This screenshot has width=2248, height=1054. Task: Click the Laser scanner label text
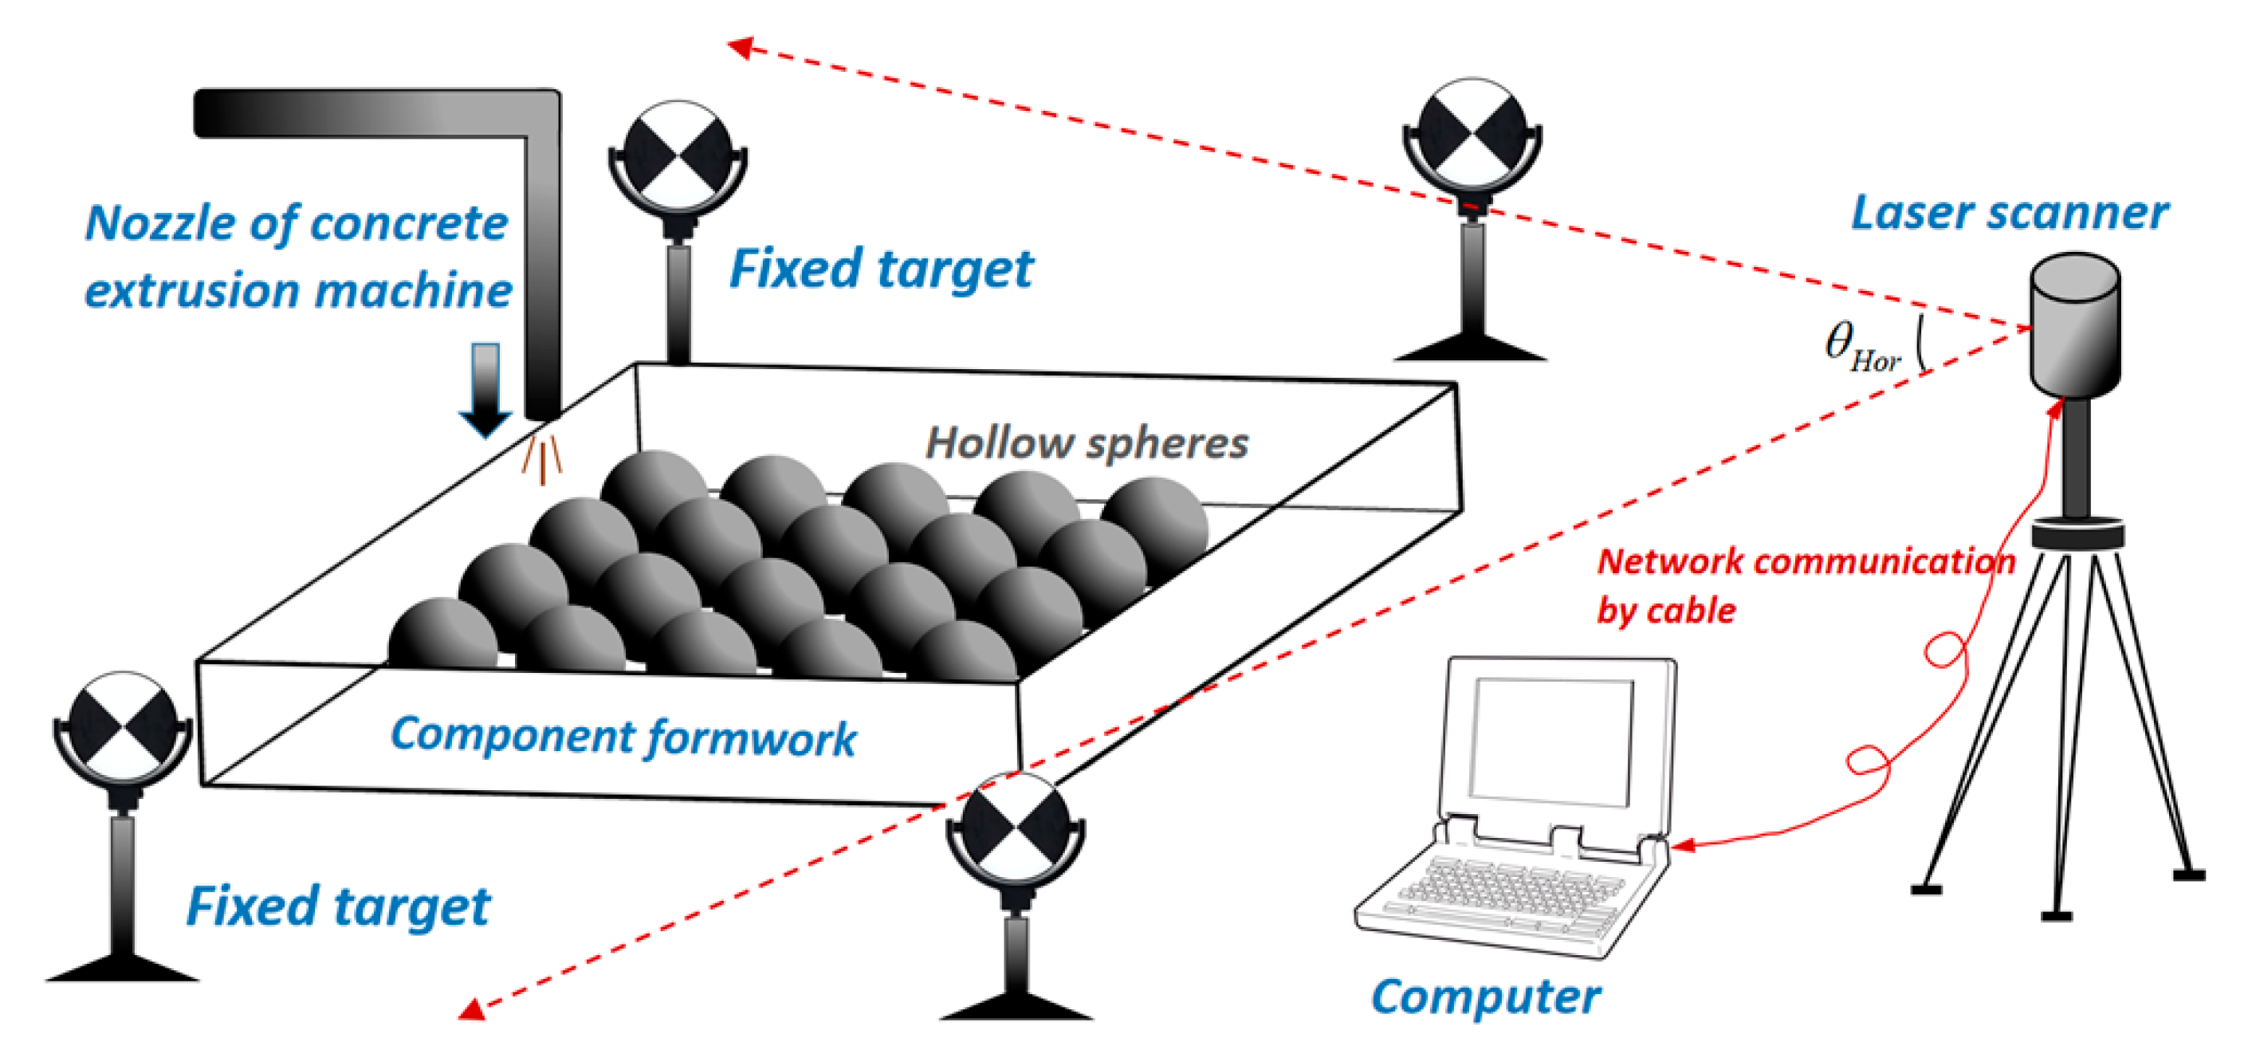2009,214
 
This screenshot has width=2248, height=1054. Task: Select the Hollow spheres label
1087,443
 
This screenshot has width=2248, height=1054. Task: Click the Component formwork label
623,737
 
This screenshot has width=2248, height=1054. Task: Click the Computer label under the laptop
1485,997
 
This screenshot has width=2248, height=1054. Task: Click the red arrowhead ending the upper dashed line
741,47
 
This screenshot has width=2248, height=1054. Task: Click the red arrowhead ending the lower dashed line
472,1010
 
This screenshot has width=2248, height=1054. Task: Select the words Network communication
1805,562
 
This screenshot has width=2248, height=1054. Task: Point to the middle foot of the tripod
2056,914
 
